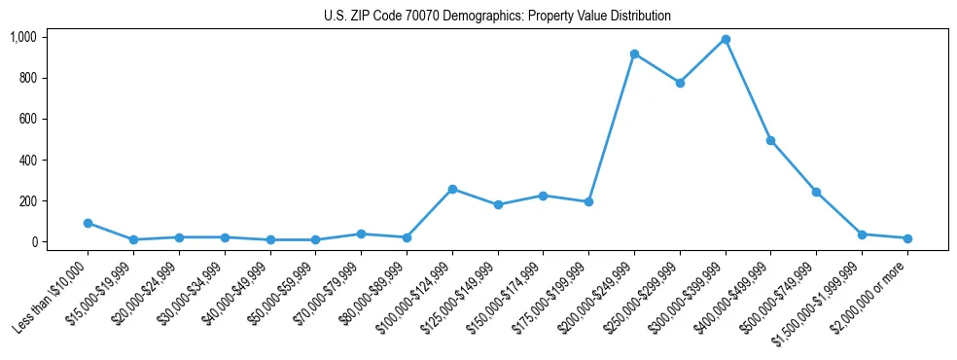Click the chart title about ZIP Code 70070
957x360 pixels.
(497, 17)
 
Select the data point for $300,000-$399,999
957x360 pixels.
(726, 40)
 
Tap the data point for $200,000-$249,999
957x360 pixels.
(634, 54)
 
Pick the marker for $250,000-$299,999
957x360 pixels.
(680, 83)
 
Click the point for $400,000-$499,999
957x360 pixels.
(770, 140)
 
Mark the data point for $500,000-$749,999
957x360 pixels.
(816, 192)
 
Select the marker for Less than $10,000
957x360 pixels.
(89, 223)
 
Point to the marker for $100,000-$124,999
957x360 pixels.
(452, 189)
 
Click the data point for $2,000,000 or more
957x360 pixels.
(907, 238)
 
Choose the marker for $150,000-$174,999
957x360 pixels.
(543, 196)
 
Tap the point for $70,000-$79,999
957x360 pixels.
(361, 234)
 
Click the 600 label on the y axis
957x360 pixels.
(26, 119)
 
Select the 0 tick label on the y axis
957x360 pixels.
(33, 242)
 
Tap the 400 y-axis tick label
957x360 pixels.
(26, 160)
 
